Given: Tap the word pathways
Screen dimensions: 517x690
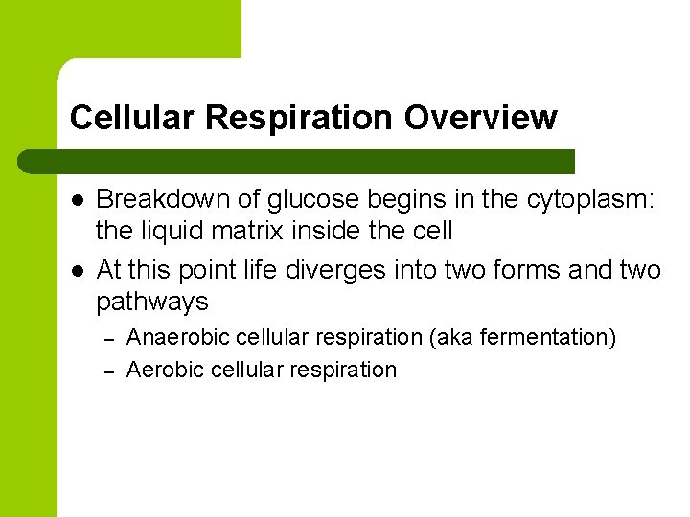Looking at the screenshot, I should coord(151,303).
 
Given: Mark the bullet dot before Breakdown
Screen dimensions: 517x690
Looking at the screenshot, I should coord(77,200).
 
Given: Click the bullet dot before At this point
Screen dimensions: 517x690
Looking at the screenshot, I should coord(77,271).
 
